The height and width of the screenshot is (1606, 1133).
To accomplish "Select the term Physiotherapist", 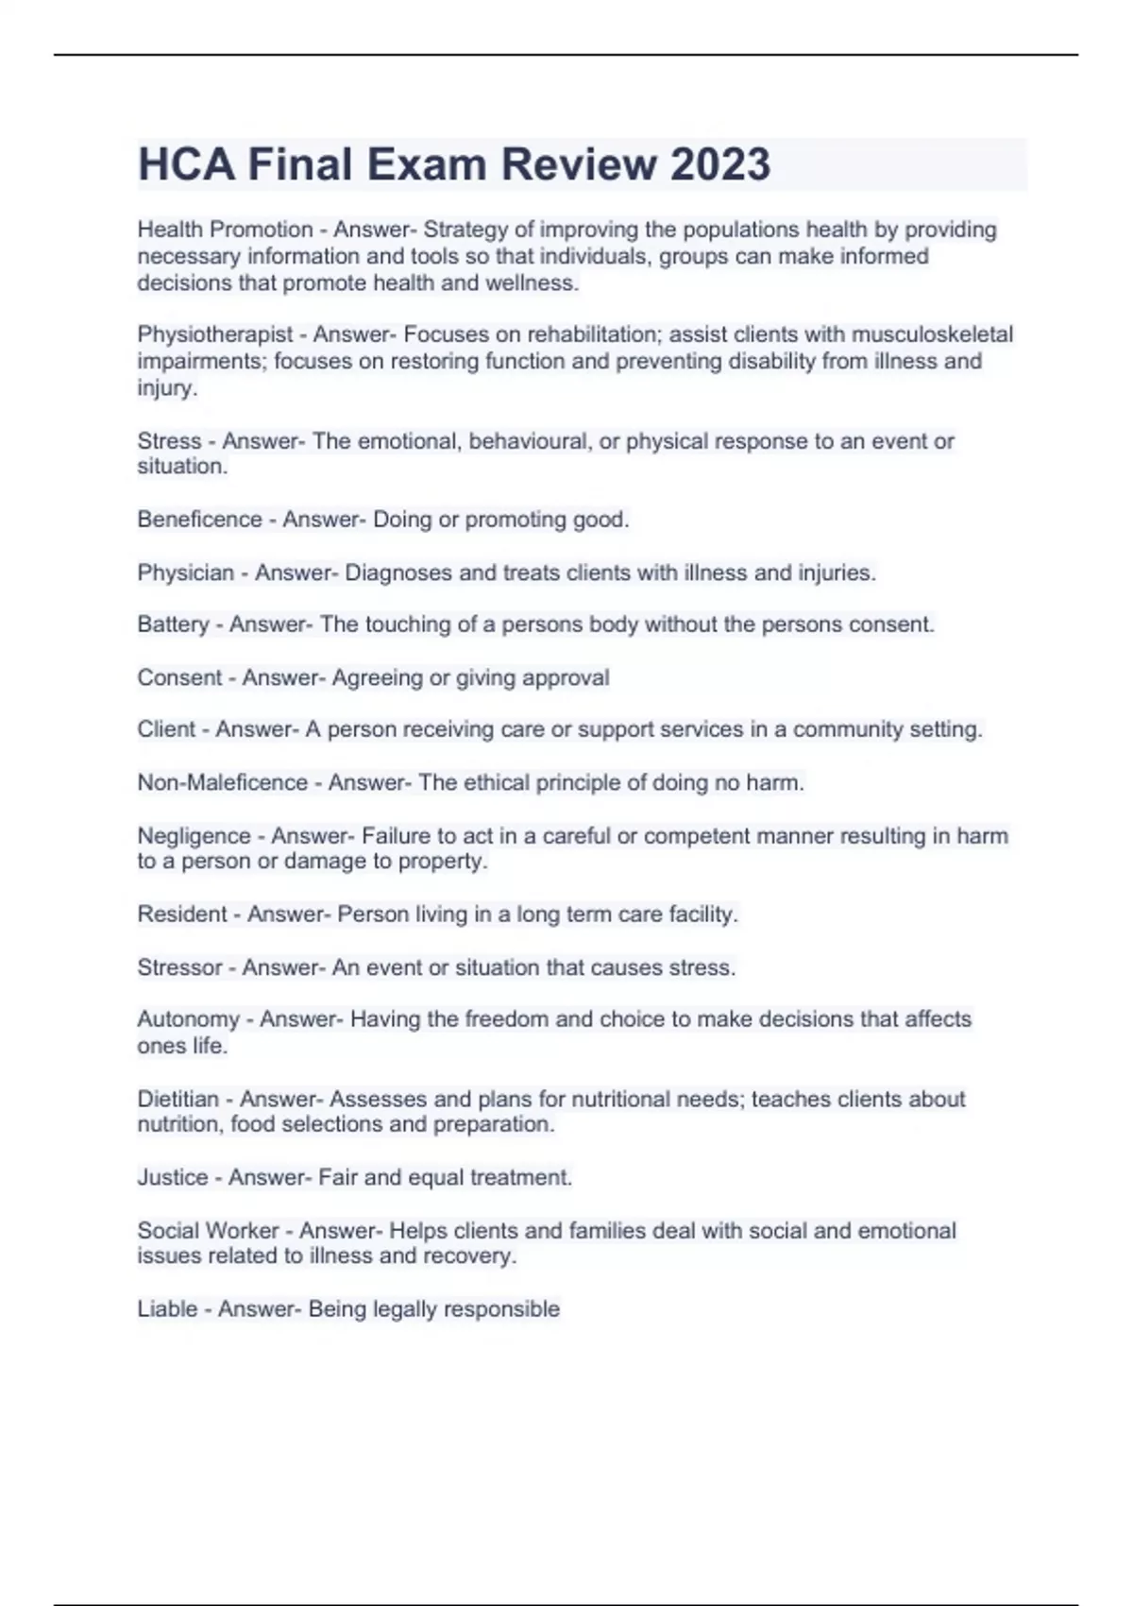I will tap(214, 334).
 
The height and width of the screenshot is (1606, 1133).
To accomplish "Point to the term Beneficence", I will tap(199, 520).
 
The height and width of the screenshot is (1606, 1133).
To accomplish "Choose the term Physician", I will tap(185, 572).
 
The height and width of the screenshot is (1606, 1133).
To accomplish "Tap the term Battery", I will tap(173, 624).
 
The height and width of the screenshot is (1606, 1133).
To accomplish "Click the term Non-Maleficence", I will tap(222, 783).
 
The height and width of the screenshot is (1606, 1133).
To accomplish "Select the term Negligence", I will tap(194, 836).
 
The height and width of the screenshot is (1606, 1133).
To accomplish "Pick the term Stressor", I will tap(179, 967).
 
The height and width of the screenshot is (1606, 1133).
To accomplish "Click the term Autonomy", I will tap(188, 1019).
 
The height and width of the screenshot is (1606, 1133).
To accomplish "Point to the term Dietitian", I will tap(178, 1100).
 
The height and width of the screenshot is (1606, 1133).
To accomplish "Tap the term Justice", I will tap(172, 1178).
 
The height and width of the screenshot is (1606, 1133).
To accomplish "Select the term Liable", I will tap(167, 1309).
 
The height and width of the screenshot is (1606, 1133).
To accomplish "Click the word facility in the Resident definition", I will tap(702, 914).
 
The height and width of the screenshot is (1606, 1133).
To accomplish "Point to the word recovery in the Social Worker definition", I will tap(475, 1256).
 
